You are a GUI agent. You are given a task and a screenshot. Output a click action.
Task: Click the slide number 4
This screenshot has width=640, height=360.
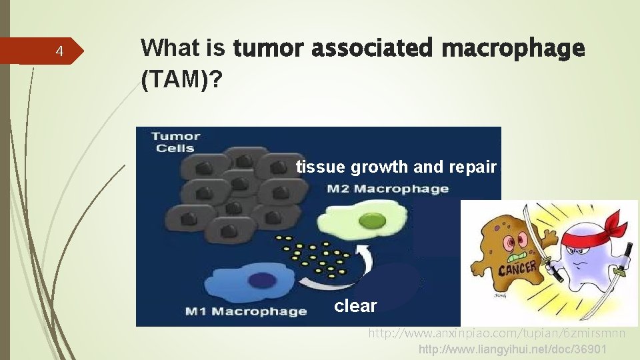pyautogui.click(x=59, y=51)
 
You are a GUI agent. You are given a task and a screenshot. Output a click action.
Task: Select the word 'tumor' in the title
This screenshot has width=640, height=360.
pyautogui.click(x=269, y=49)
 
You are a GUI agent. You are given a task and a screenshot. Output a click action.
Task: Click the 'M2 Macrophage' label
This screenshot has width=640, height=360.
pyautogui.click(x=387, y=189)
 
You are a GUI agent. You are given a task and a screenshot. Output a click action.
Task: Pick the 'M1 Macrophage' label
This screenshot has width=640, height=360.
pyautogui.click(x=245, y=311)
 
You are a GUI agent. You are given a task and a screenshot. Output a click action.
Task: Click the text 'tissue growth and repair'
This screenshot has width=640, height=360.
pyautogui.click(x=396, y=167)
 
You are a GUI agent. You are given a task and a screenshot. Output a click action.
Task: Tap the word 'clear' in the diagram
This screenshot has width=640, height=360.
pyautogui.click(x=355, y=306)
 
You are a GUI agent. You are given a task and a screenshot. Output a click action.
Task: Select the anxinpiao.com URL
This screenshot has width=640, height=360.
pyautogui.click(x=497, y=333)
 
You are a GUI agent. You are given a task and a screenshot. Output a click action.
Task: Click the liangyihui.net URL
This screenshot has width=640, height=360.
pyautogui.click(x=512, y=350)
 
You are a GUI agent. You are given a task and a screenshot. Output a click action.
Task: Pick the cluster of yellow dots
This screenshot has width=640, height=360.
pyautogui.click(x=317, y=257)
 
